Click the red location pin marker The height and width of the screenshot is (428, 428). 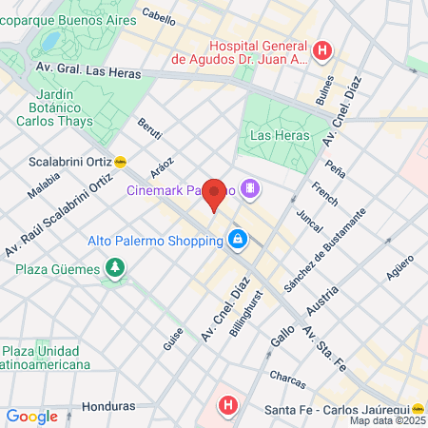215,195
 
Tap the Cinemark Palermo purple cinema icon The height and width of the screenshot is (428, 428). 250,188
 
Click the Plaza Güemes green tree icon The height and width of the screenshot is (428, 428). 115,268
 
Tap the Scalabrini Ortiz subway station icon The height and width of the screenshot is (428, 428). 120,162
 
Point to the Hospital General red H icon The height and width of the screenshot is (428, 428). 323,50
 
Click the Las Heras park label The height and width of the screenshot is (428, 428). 275,135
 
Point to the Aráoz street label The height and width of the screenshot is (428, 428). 161,165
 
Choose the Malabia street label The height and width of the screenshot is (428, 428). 44,185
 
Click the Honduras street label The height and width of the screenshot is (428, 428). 108,406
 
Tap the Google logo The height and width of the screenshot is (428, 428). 31,416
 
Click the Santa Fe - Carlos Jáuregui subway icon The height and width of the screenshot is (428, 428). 417,408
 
